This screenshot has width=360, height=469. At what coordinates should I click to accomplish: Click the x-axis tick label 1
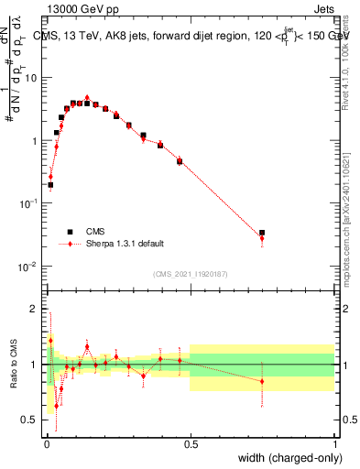(335, 442)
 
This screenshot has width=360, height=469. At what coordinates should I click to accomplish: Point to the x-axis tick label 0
(45, 442)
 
